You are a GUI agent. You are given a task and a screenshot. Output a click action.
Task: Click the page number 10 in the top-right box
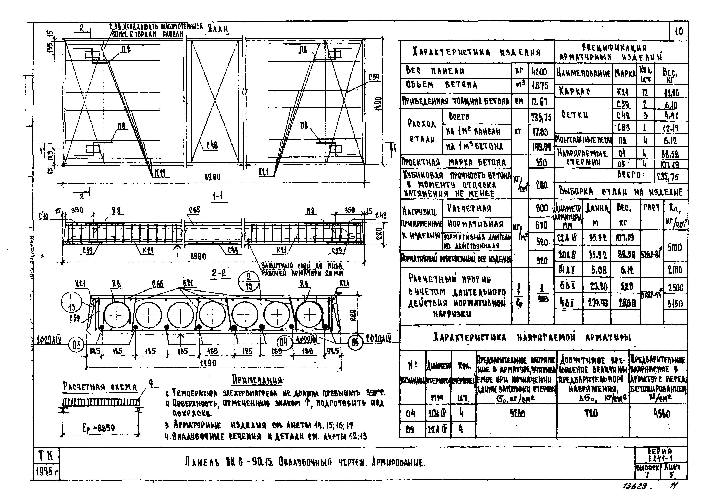(x=679, y=31)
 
